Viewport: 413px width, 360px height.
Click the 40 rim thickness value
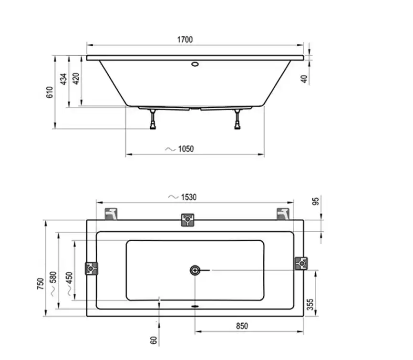click(x=304, y=79)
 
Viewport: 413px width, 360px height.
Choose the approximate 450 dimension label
click(x=69, y=284)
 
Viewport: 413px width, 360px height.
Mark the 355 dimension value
click(x=310, y=305)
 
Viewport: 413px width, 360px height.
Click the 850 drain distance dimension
click(x=242, y=327)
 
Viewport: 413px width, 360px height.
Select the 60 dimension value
click(x=153, y=340)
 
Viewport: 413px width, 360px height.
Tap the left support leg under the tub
click(x=153, y=119)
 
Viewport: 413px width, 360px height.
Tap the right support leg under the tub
click(x=237, y=119)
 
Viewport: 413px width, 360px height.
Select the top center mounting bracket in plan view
click(x=188, y=220)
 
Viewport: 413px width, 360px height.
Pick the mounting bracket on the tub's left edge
click(x=91, y=268)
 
